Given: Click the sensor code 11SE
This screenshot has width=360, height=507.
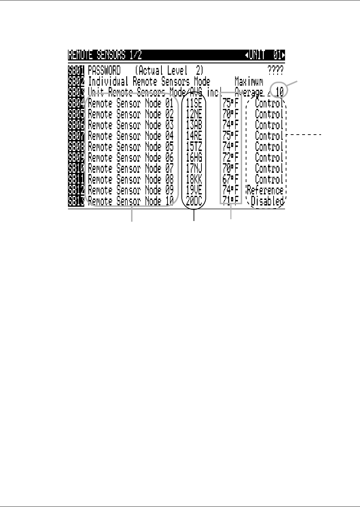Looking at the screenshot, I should pos(194,104).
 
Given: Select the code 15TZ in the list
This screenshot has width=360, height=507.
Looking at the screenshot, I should pos(194,147).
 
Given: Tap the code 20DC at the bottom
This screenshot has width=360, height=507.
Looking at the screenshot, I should pos(194,201).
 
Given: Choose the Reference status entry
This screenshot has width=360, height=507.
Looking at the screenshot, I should pos(265,190).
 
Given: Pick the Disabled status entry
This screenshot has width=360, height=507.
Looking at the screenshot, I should pos(267,201).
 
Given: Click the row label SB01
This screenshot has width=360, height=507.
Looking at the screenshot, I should pos(76,70).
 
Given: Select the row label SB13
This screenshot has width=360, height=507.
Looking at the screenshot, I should pos(76,201).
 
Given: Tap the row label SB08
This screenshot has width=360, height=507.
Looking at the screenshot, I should pos(76,147).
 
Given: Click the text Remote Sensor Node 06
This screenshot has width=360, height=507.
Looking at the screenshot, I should pos(131,157).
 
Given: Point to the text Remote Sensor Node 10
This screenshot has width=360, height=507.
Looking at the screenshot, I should pos(131,201).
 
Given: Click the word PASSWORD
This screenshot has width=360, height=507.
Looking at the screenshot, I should pos(104,70).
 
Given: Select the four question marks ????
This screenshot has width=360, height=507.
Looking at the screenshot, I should pos(275,70).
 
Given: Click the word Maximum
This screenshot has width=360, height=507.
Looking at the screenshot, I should pos(249,81).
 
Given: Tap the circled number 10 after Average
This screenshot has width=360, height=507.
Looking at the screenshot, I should pos(279,92).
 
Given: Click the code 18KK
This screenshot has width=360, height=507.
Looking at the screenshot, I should pos(194,179).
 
